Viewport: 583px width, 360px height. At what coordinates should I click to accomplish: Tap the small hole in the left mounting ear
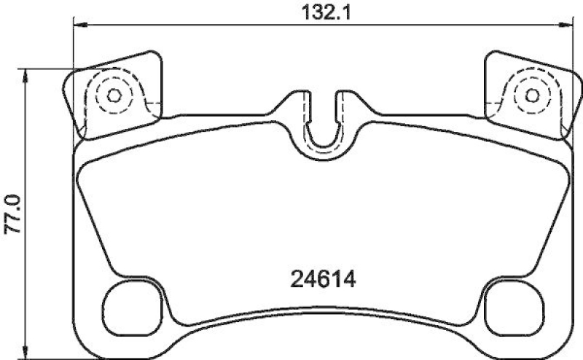pos(114,95)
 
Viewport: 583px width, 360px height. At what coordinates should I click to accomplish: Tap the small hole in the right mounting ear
pos(532,95)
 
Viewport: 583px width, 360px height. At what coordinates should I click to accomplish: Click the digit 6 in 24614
pos(315,280)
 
